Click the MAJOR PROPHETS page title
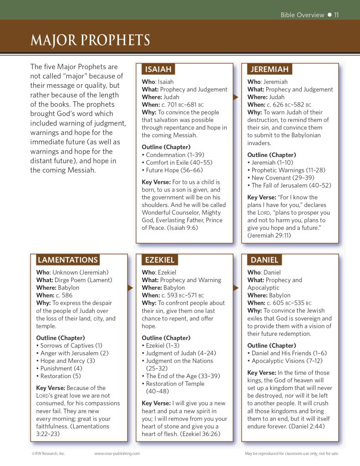(x=90, y=40)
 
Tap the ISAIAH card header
(x=158, y=69)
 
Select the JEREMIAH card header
(x=270, y=69)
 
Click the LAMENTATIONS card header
(x=68, y=260)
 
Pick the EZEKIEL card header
(x=159, y=260)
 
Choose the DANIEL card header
(x=264, y=260)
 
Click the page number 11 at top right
(x=336, y=15)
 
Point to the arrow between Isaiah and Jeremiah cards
(x=235, y=97)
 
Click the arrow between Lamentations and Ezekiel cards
(x=130, y=288)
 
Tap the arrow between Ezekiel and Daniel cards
(x=235, y=288)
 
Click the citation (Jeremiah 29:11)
(x=269, y=235)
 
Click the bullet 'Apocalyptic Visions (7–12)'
(x=287, y=360)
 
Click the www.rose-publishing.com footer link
(x=117, y=453)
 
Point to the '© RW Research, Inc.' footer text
(x=49, y=453)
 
